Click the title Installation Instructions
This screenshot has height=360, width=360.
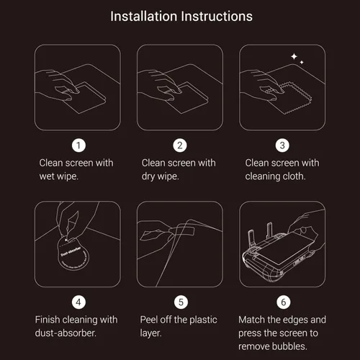(x=180, y=15)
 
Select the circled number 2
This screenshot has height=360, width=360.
(x=180, y=145)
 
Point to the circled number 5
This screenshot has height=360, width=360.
(x=180, y=301)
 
